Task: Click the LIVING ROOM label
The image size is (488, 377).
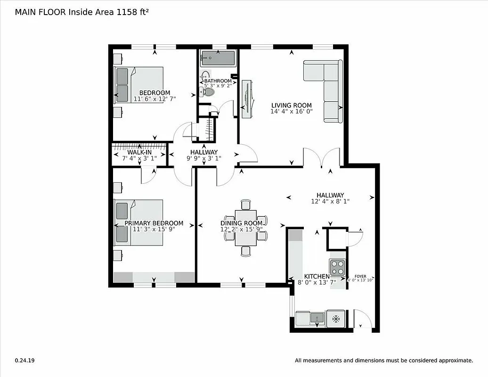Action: pos(291,105)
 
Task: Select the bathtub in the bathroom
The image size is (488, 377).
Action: pos(218,59)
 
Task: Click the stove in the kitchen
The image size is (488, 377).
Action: pos(337,268)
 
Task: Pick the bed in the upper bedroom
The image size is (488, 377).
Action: pos(139,84)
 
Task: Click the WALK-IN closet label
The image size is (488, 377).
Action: pos(139,153)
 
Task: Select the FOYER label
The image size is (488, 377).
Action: pos(360,276)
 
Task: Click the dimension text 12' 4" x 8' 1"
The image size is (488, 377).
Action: pos(330,201)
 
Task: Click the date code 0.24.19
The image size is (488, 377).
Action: pos(24,361)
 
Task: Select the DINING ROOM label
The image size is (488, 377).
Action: pos(241,223)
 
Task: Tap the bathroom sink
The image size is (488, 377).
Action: pos(206,75)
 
